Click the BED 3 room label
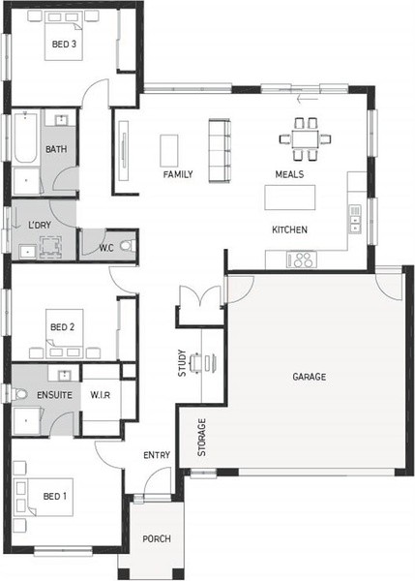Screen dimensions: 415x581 pos(64,45)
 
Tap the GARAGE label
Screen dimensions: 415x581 pos(310,377)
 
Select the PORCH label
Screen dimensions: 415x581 pos(157,538)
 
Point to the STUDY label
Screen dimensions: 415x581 pos(182,363)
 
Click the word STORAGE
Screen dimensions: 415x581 pos(201,438)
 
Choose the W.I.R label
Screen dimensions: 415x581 pos(101,395)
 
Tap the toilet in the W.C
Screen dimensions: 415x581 pos(128,245)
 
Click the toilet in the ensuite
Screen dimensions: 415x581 pos(19,394)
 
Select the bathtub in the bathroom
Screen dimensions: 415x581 pos(25,138)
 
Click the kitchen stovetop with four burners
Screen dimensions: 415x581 pos(302,260)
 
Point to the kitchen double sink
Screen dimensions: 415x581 pos(355,219)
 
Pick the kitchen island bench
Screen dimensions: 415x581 pos(290,198)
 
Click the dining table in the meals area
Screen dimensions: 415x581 pos(305,138)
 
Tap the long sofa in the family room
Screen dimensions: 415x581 pos(220,150)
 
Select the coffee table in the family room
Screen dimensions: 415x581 pos(169,150)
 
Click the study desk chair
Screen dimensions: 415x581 pos(196,362)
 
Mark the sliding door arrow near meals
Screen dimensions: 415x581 pos(308,99)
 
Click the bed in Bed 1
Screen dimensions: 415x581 pos(44,497)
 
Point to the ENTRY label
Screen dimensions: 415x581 pos(157,455)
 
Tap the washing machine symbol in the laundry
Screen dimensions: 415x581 pos(50,246)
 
